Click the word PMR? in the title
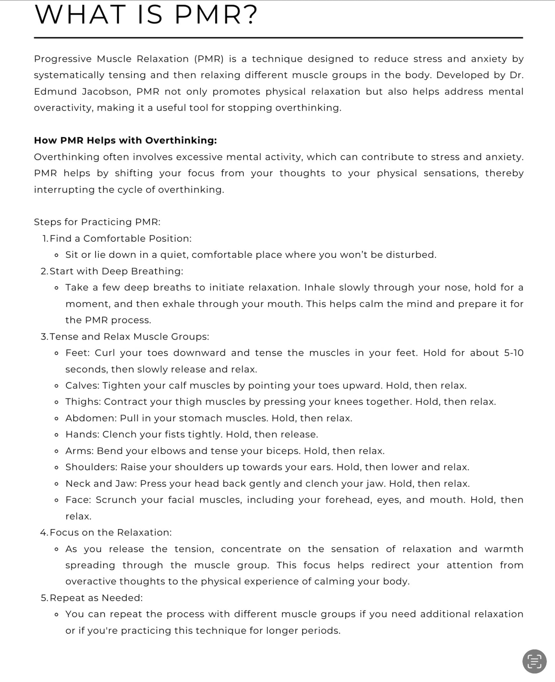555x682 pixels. coord(216,15)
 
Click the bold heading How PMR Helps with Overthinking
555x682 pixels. coord(125,141)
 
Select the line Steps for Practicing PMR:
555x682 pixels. coord(97,222)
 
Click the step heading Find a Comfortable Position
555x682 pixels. coord(120,239)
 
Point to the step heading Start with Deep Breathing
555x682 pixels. coord(116,271)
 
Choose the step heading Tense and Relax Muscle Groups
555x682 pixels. coord(129,337)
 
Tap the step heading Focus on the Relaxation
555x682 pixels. coord(111,533)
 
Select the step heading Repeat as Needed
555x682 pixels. coord(96,598)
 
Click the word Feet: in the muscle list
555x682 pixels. coord(77,353)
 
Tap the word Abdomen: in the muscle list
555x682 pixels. coord(91,418)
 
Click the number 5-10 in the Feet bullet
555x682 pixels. coord(514,353)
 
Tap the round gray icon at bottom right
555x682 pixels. coord(534,661)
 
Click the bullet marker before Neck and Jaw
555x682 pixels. coord(57,484)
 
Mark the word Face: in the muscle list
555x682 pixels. coord(78,500)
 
